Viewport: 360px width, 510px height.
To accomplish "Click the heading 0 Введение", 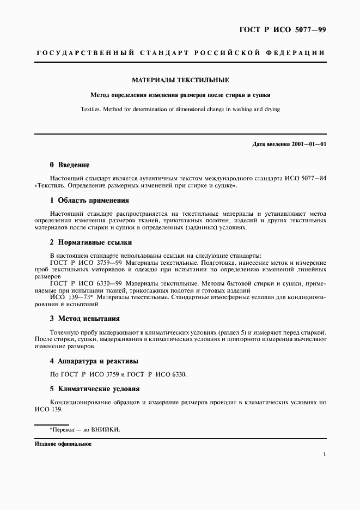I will point(69,165).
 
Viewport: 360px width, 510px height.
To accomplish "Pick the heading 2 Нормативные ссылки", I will point(90,242).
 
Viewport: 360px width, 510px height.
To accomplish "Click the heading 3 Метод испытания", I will point(84,318).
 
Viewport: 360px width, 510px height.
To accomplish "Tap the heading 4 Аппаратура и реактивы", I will point(94,361).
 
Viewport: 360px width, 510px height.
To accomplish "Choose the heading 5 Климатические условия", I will point(95,389).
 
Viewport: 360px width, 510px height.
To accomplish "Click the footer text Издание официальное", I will point(63,444).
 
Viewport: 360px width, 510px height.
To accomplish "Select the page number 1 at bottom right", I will point(325,453).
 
